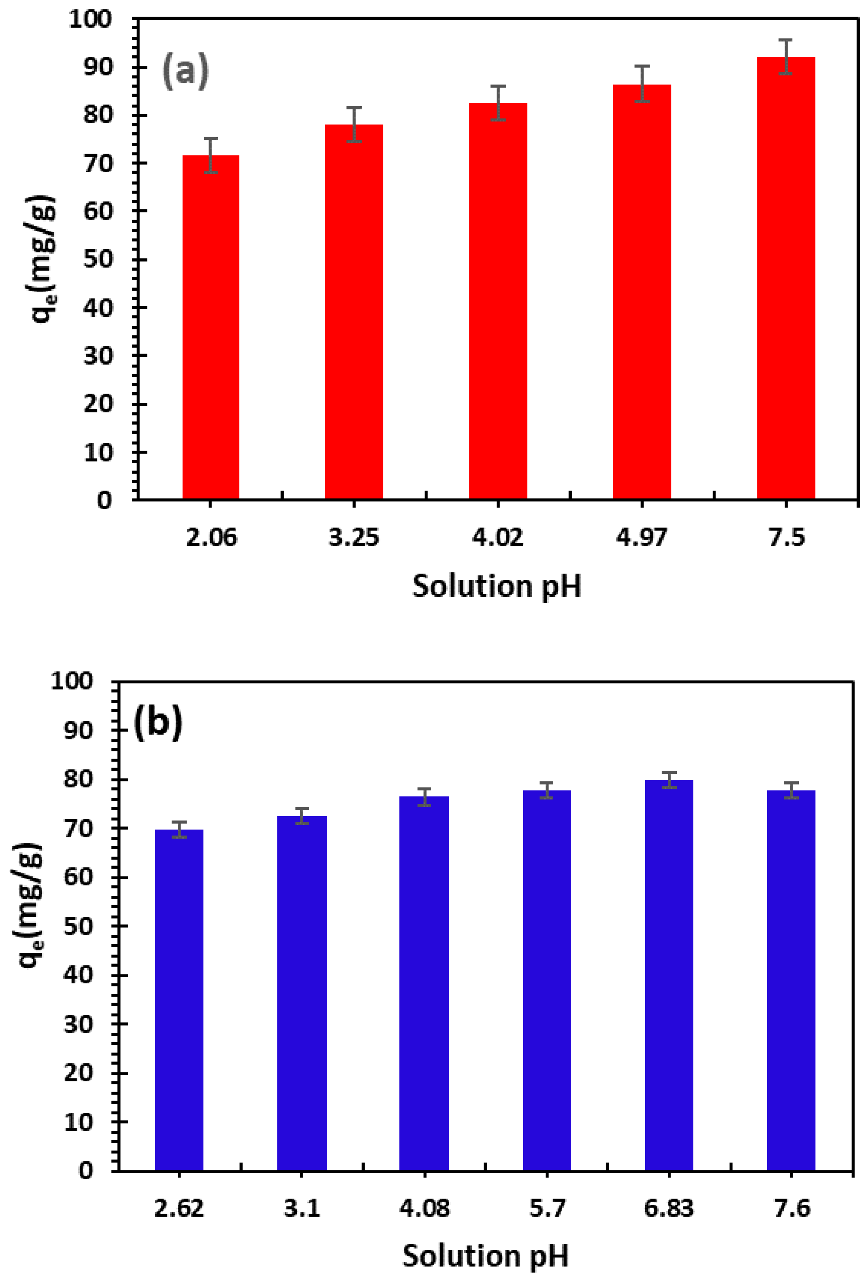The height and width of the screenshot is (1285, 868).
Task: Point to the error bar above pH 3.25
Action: (354, 124)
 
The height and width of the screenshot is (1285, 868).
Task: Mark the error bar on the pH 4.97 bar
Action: (642, 84)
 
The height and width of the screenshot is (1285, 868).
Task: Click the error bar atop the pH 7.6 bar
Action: (791, 791)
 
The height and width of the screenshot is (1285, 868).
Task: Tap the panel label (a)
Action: (185, 71)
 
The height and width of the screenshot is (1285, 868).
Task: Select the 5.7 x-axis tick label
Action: (547, 1209)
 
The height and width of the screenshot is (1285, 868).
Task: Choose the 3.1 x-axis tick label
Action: (302, 1209)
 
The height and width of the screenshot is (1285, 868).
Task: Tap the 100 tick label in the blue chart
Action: (72, 681)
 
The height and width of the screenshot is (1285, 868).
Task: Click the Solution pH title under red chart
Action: (497, 586)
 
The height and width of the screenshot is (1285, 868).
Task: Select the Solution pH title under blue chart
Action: (486, 1256)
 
